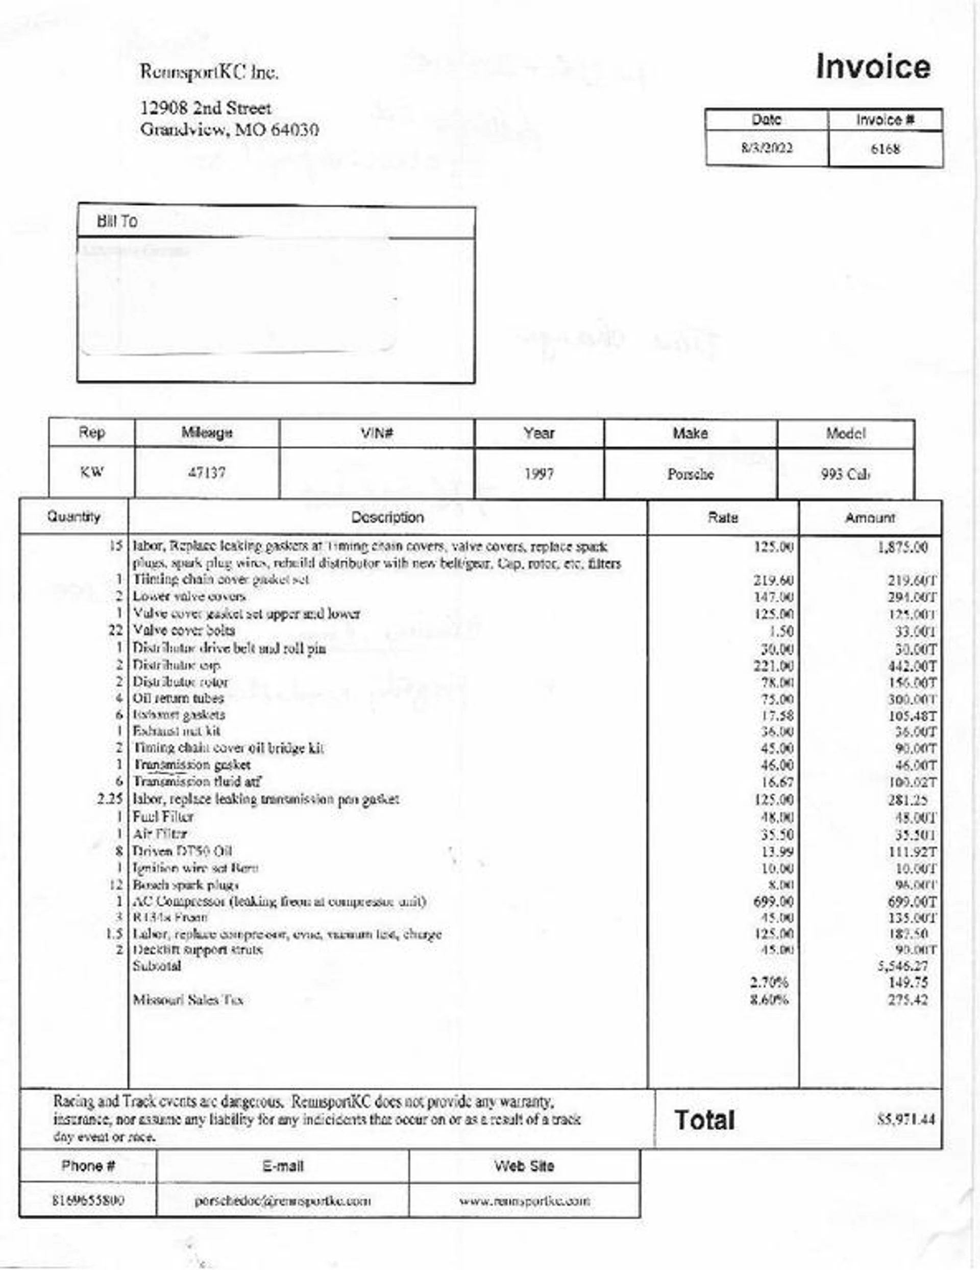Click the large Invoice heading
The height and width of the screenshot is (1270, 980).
[872, 67]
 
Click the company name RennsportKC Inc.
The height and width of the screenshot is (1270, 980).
[209, 73]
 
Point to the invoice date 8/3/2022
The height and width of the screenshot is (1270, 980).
[766, 148]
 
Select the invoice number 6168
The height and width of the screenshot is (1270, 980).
[885, 150]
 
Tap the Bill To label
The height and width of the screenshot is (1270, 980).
[117, 222]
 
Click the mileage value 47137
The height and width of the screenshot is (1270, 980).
[206, 473]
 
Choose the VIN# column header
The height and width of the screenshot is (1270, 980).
[377, 433]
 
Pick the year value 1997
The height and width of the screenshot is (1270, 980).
[539, 474]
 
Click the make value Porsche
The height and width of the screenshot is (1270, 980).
[690, 474]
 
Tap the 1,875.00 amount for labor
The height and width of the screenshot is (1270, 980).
[902, 547]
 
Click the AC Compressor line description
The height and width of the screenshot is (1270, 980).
[279, 902]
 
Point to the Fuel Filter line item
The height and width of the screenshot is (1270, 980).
[163, 817]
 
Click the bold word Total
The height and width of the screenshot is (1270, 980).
[704, 1120]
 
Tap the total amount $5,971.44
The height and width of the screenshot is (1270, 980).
[905, 1119]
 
